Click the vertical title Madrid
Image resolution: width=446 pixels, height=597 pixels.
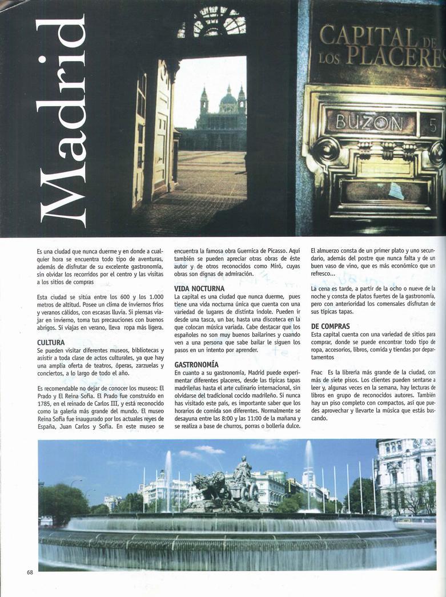tap(62, 121)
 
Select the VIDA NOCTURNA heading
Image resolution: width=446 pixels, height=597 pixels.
tap(199, 289)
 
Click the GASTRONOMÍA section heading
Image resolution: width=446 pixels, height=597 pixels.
tap(196, 364)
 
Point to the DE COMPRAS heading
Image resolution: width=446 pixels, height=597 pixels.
tap(331, 326)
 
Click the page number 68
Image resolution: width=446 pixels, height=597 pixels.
tap(30, 572)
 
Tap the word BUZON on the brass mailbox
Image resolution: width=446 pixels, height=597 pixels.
tap(369, 122)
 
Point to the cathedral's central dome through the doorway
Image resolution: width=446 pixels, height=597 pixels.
tap(228, 100)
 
